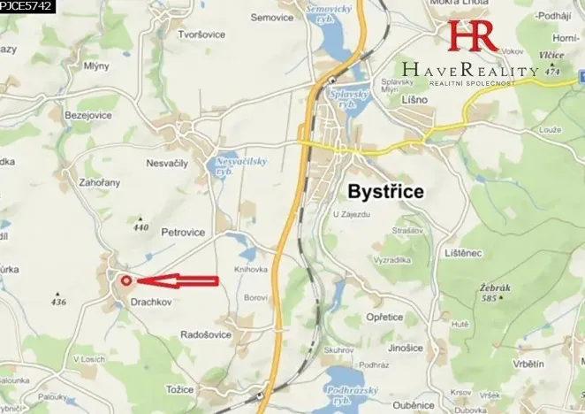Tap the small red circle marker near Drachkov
coord(125,281)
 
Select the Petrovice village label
coord(184,233)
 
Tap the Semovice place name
coord(271,17)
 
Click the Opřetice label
coord(385,316)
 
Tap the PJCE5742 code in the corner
coord(27,6)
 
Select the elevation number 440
coord(140,227)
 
